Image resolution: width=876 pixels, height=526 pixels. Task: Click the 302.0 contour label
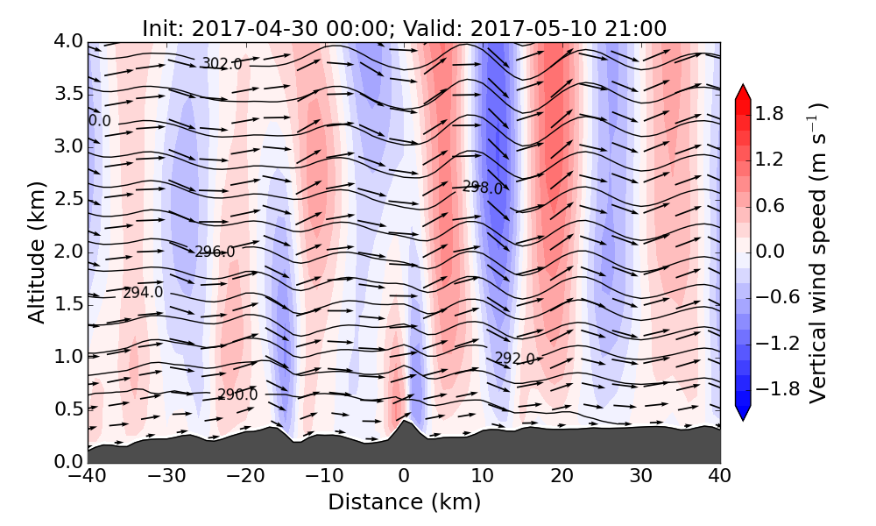point(222,63)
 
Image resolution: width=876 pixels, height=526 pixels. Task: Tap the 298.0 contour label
point(483,188)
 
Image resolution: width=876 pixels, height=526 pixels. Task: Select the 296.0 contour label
point(215,252)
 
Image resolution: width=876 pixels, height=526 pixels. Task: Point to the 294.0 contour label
point(143,293)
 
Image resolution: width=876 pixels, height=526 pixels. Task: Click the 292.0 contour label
point(515,359)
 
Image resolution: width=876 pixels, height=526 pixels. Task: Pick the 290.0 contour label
point(237,395)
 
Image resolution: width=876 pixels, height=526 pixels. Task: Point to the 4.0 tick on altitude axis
point(73,41)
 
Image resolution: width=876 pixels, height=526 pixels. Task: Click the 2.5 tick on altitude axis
point(73,199)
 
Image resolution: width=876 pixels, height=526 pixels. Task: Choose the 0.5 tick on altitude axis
point(73,409)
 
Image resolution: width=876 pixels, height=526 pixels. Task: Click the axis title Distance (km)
point(404,502)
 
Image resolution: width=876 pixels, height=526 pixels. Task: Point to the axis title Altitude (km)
point(37,252)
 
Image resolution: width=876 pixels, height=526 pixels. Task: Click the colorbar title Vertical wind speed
point(817,252)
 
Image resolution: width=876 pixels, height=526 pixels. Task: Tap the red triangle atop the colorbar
point(742,91)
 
